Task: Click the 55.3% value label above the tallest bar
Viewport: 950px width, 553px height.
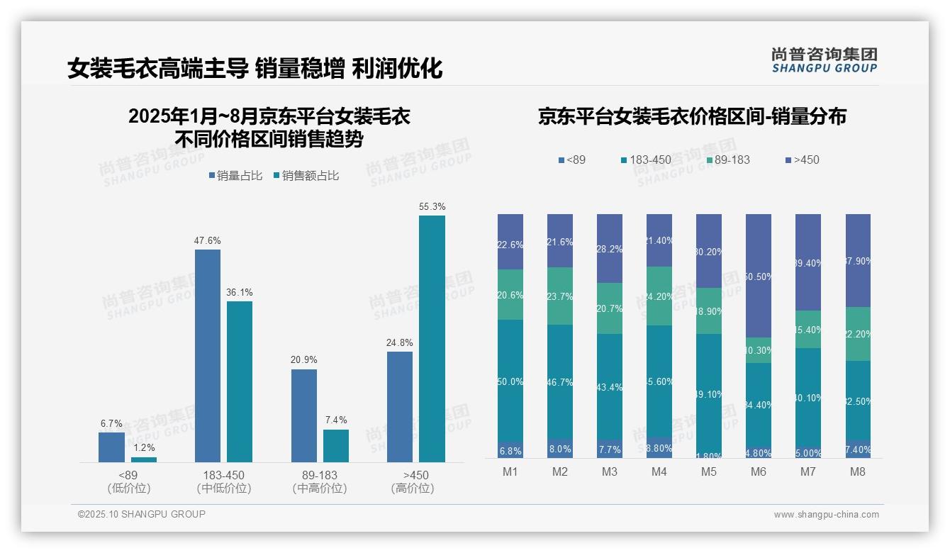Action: [432, 207]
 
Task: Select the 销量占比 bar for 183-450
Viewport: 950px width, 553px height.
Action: [208, 355]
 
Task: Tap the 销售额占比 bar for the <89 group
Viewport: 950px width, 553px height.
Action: [144, 459]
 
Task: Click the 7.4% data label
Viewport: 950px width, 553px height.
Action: [335, 420]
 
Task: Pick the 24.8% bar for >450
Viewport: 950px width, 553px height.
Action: [400, 407]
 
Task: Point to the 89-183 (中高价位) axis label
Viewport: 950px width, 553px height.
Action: [320, 481]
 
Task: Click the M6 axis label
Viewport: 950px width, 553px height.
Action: [758, 472]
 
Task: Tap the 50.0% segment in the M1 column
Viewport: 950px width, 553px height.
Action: [510, 381]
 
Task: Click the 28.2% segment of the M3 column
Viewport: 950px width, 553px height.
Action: [610, 248]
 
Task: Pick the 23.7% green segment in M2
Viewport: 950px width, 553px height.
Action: [560, 296]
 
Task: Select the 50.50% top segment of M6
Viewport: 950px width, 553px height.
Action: [758, 276]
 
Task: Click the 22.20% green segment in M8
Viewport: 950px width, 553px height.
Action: [857, 334]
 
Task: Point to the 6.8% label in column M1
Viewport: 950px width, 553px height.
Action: [510, 451]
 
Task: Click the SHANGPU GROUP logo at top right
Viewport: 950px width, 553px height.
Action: [824, 61]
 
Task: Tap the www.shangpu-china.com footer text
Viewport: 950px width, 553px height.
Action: [826, 515]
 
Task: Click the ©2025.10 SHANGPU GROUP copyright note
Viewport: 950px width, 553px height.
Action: [142, 514]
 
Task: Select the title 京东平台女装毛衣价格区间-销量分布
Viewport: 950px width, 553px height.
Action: [692, 117]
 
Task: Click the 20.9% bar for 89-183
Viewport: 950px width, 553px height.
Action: [304, 415]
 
